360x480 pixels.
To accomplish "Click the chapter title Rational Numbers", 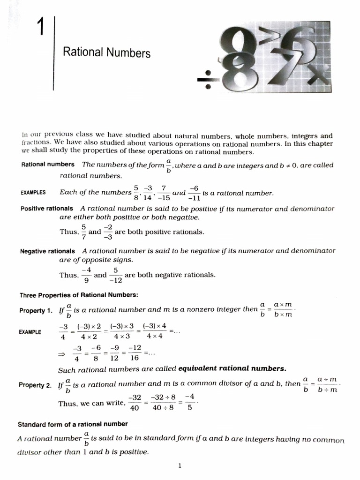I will coord(106,52).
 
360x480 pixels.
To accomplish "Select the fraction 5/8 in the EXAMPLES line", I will coord(136,193).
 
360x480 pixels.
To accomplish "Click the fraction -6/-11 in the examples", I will coord(194,193).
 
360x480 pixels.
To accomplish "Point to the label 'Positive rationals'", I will coord(47,208).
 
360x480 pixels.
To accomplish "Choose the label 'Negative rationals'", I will coord(47,251).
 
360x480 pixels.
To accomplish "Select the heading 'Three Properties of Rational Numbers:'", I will coord(79,295).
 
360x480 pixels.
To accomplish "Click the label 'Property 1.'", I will coord(36,311).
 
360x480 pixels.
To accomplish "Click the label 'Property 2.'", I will coord(35,385).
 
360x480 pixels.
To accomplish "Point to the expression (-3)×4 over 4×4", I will coord(153,331).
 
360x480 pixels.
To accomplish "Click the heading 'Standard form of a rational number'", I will coord(73,424).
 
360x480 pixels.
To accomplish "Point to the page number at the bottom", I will coord(180,465).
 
